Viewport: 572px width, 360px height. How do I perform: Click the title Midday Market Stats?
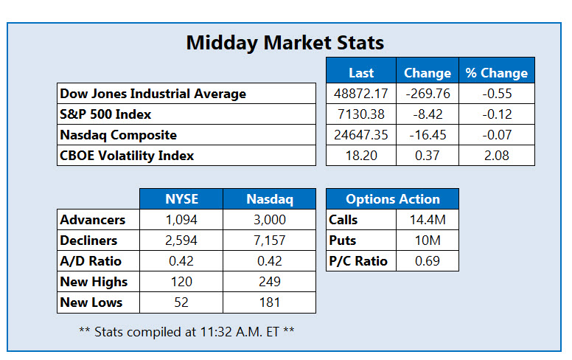(x=285, y=43)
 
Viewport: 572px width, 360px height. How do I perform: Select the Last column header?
(x=361, y=73)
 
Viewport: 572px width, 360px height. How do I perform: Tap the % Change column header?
(x=497, y=73)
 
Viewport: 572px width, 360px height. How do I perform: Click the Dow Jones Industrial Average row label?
(x=153, y=94)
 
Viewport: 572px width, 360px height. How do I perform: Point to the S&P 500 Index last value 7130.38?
(x=361, y=114)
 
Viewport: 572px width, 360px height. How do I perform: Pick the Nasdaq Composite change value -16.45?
(x=428, y=135)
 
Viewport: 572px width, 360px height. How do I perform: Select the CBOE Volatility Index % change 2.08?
(x=497, y=156)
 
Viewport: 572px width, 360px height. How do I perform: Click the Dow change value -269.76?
(x=428, y=94)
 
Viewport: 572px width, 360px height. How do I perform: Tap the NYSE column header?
(x=181, y=199)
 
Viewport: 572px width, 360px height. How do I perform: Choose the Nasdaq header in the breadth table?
(x=270, y=199)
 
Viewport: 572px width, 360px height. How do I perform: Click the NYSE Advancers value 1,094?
(x=181, y=220)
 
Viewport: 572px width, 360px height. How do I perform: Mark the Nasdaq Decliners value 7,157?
(x=270, y=240)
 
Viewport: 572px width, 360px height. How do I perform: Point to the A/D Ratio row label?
(x=91, y=261)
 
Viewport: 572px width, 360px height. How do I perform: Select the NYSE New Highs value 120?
(x=181, y=282)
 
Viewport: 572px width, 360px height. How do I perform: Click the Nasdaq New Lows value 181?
(x=270, y=302)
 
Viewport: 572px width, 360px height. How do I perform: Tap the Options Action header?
(x=393, y=199)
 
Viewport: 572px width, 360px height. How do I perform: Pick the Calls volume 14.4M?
(x=428, y=220)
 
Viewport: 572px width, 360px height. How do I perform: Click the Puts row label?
(x=342, y=240)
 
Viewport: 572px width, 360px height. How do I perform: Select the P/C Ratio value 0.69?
(x=428, y=261)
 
